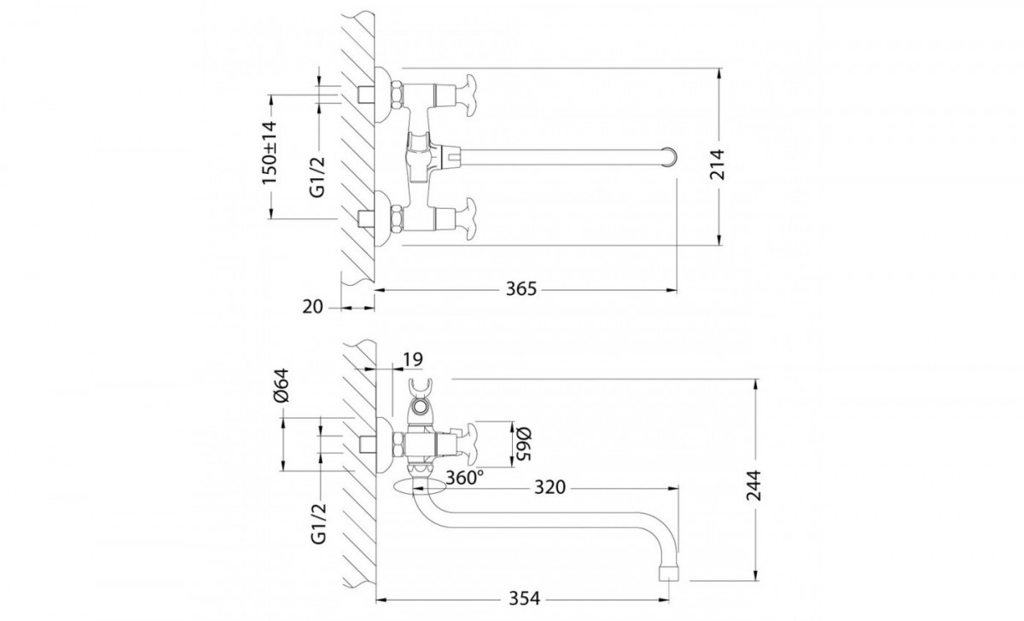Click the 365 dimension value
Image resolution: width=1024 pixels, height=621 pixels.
coord(521,289)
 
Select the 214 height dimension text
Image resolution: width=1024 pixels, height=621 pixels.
coord(718,165)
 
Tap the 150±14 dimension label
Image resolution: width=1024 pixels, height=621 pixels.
coord(270,153)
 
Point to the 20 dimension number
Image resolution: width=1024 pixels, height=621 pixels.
coord(312,307)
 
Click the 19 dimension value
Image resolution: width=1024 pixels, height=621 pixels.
coord(412,360)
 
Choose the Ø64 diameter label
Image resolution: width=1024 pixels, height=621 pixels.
coord(282,386)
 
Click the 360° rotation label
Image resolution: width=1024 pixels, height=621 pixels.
coord(464,478)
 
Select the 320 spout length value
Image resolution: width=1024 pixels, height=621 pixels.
coord(550,488)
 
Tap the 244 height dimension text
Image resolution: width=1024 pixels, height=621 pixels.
coord(754,485)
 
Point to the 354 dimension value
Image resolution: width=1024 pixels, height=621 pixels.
coord(524,599)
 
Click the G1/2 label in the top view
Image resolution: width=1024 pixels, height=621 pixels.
coord(317,177)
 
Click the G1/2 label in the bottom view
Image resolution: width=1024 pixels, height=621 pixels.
coord(319,523)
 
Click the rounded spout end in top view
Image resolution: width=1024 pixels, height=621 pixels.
coord(671,156)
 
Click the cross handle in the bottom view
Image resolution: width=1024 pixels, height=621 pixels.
coord(470,444)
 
